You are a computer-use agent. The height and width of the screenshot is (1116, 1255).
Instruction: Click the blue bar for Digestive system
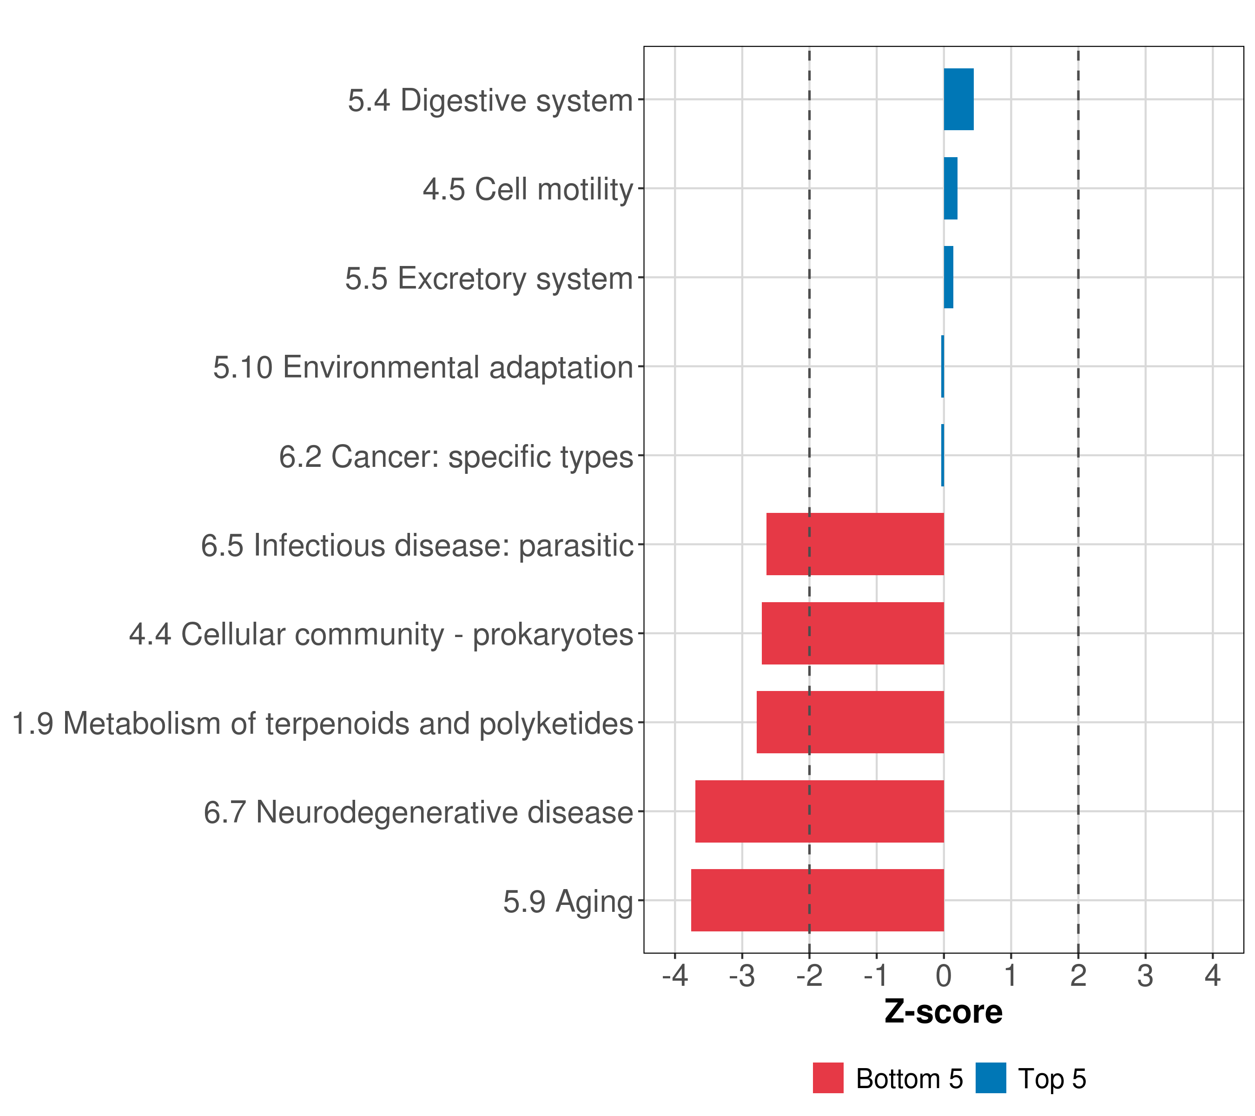click(x=958, y=100)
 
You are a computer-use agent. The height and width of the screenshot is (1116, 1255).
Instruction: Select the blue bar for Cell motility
click(x=951, y=189)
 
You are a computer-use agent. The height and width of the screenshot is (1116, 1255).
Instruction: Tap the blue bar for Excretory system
click(x=949, y=277)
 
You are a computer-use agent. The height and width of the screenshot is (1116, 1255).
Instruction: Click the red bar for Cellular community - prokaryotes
click(x=853, y=633)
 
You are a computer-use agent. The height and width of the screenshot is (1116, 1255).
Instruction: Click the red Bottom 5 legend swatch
click(x=828, y=1078)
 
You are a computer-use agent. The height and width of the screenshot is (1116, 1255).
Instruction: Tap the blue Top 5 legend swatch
click(x=991, y=1078)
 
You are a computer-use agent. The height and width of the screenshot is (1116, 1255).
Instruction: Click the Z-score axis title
click(x=944, y=1011)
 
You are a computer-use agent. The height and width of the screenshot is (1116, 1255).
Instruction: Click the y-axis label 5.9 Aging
click(x=568, y=902)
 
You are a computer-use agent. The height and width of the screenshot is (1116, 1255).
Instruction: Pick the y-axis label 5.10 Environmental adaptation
click(x=423, y=367)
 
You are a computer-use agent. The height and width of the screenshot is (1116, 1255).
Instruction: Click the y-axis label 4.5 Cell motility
click(x=528, y=189)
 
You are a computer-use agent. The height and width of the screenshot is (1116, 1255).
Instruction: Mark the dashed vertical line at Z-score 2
click(x=1078, y=499)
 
